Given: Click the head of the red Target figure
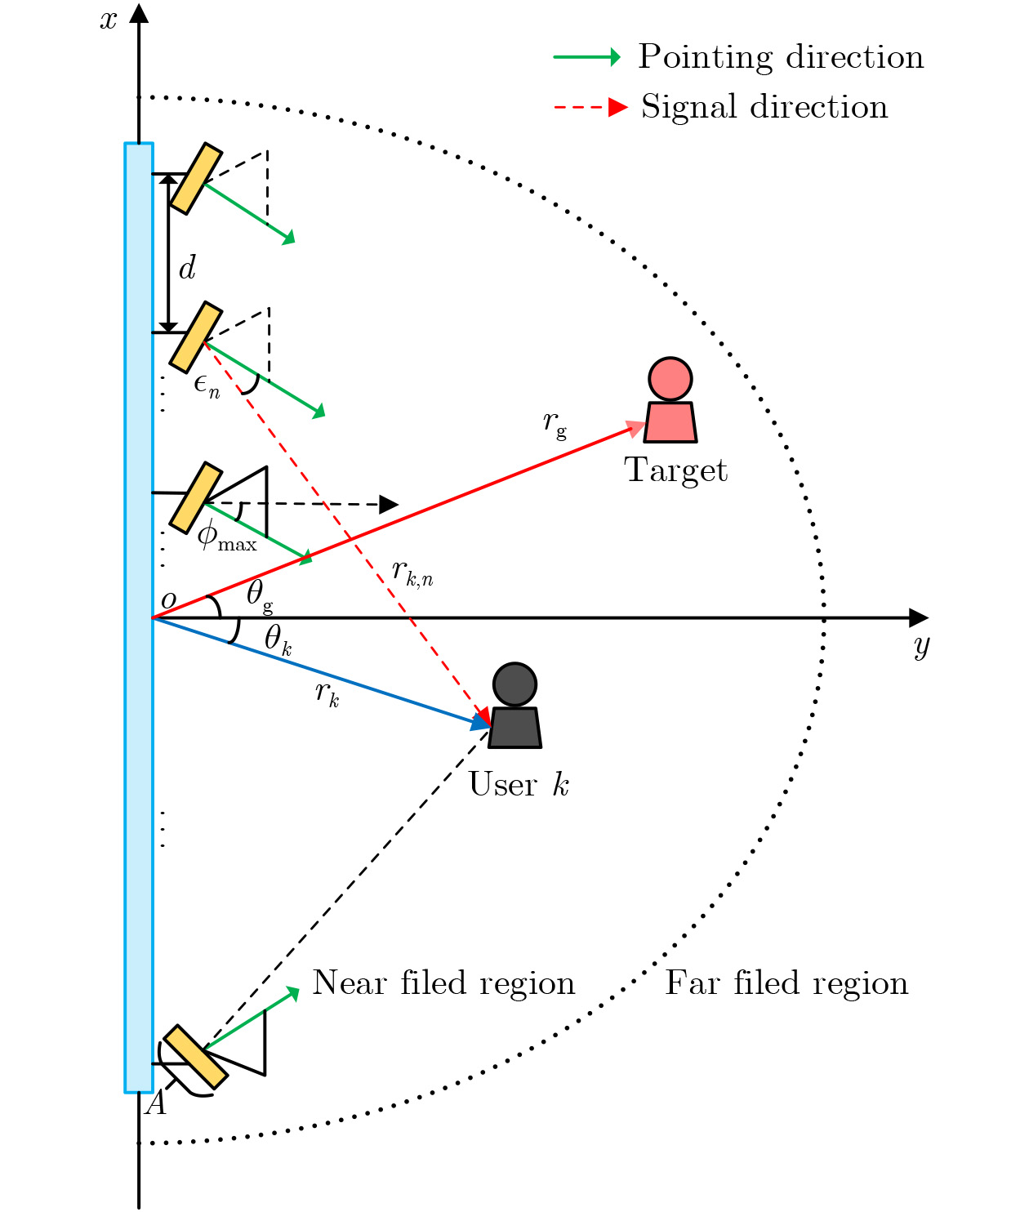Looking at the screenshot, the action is tap(670, 379).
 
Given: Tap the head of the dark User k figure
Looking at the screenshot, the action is tap(514, 684).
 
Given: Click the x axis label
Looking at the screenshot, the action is tap(109, 20).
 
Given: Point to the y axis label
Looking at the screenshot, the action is tap(921, 647).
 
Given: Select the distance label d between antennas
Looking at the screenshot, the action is tap(187, 267).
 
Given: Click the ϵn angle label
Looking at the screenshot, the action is tap(207, 386).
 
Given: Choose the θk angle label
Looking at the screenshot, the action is tap(278, 639).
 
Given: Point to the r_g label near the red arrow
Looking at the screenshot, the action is tap(555, 423).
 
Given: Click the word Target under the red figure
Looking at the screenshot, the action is tap(675, 470).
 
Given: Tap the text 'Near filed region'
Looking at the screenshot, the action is tap(443, 983).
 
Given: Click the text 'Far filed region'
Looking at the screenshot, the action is tap(786, 983).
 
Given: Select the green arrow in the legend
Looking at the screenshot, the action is tap(587, 57).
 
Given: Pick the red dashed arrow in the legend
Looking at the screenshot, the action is tap(591, 107).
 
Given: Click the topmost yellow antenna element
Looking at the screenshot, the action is tap(196, 178).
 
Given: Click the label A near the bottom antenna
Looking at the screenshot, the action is tap(156, 1103).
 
